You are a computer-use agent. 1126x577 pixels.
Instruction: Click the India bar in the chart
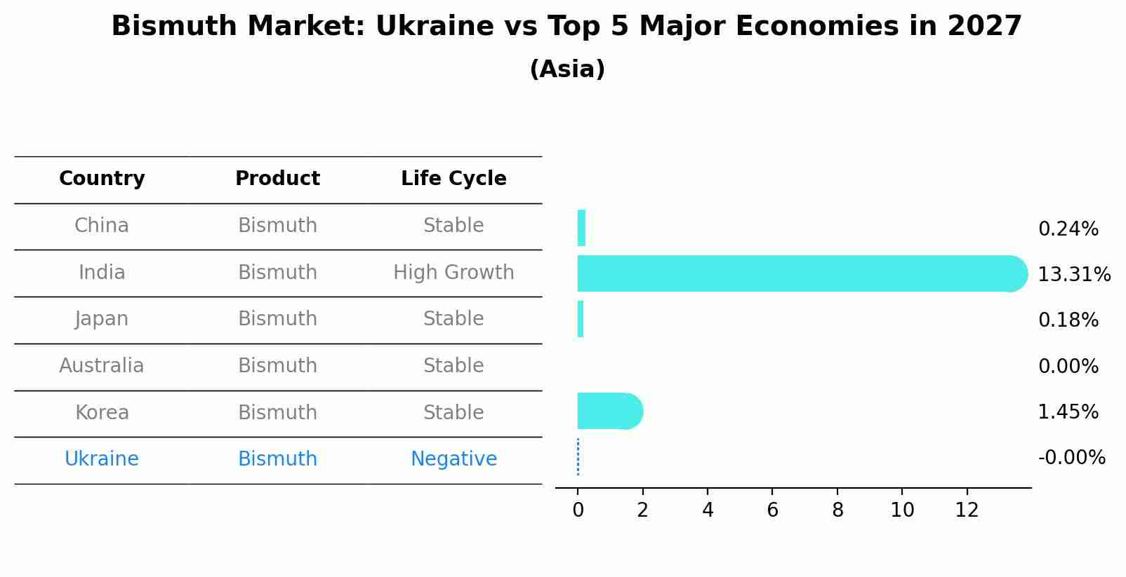[800, 273]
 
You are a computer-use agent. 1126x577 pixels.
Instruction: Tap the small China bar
[581, 228]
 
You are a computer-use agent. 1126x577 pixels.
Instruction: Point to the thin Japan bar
[581, 319]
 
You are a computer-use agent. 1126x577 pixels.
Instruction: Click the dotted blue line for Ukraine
[578, 457]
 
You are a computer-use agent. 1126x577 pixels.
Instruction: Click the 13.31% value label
[1073, 274]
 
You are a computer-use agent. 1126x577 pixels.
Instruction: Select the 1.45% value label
[1068, 412]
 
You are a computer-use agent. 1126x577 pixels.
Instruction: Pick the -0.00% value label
[1071, 457]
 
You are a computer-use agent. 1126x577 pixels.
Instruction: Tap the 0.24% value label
[1068, 229]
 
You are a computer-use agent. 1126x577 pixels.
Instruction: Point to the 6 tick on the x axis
[772, 510]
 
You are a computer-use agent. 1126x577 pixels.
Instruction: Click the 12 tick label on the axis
[967, 510]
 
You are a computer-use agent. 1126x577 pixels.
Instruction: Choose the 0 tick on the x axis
[578, 510]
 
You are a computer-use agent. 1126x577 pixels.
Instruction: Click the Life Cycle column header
[453, 179]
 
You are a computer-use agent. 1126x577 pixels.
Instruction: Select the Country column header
[102, 179]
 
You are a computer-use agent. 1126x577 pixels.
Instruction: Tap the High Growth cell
[453, 272]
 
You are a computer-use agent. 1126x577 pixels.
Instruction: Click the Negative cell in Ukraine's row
[453, 459]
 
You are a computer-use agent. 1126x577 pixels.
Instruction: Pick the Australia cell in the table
[102, 365]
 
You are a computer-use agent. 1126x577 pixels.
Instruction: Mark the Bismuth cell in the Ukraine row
[277, 459]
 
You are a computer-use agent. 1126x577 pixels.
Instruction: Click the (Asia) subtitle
[567, 69]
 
